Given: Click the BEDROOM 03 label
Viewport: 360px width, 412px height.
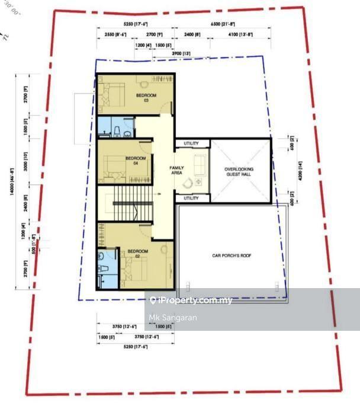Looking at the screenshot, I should click(x=146, y=97).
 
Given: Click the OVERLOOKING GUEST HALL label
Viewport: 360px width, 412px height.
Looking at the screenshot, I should click(x=239, y=172).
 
